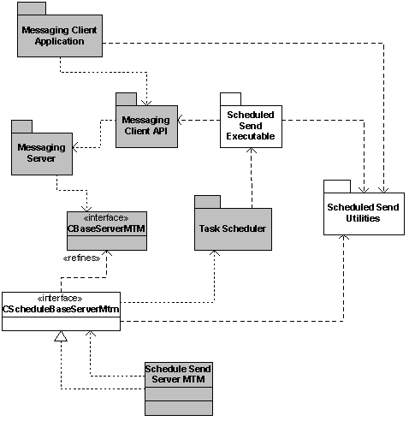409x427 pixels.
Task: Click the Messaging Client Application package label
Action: (59, 36)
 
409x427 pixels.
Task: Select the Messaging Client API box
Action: (146, 127)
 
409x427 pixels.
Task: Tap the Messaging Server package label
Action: (42, 152)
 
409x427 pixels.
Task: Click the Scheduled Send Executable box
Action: (251, 127)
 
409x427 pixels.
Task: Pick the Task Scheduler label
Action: (233, 228)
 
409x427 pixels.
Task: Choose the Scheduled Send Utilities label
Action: (363, 212)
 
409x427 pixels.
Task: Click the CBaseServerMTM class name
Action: (106, 228)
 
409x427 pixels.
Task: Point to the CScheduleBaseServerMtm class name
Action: (61, 309)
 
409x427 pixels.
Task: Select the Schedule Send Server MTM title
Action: (178, 374)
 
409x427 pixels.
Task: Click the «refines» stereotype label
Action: (81, 258)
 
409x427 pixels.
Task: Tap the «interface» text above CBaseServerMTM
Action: (106, 218)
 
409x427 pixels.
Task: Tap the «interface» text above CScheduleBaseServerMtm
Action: (60, 299)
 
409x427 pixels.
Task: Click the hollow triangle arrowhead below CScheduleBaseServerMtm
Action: (61, 336)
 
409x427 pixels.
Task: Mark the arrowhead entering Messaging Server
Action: (75, 147)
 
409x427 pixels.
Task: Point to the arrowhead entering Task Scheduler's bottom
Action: (215, 253)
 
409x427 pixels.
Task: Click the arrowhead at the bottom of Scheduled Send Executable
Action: (252, 151)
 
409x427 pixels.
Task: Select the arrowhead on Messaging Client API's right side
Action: (181, 120)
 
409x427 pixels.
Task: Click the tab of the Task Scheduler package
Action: (207, 202)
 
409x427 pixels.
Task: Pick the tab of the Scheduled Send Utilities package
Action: (337, 187)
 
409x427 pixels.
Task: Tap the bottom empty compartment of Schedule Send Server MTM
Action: (179, 408)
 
